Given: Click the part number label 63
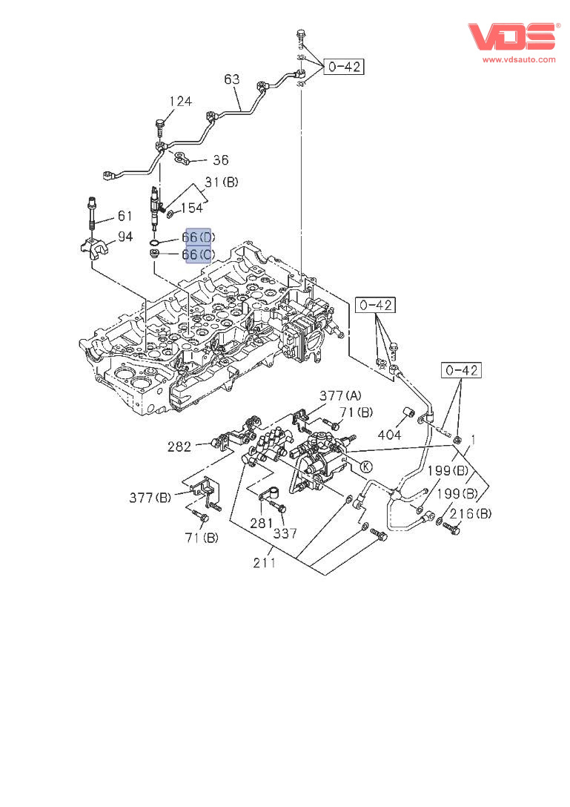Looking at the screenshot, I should (x=232, y=79).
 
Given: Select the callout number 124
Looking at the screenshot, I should (x=180, y=101).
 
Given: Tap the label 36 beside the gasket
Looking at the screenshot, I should (x=221, y=159).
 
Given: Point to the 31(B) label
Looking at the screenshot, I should (x=222, y=182).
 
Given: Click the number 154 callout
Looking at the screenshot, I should (x=191, y=208).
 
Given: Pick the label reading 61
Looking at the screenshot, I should (x=125, y=217).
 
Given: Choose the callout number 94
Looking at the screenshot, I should (x=125, y=237).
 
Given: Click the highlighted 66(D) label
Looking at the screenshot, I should (x=198, y=237).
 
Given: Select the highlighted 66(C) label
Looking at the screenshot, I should (x=198, y=254).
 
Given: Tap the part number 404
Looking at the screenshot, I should (x=390, y=435).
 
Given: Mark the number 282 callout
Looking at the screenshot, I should (x=179, y=447).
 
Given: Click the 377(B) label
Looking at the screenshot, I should (x=151, y=497).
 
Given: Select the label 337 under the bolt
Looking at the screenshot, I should (x=284, y=533).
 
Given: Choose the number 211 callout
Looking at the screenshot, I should (x=265, y=562).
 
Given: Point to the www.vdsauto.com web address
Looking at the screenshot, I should (x=519, y=59).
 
